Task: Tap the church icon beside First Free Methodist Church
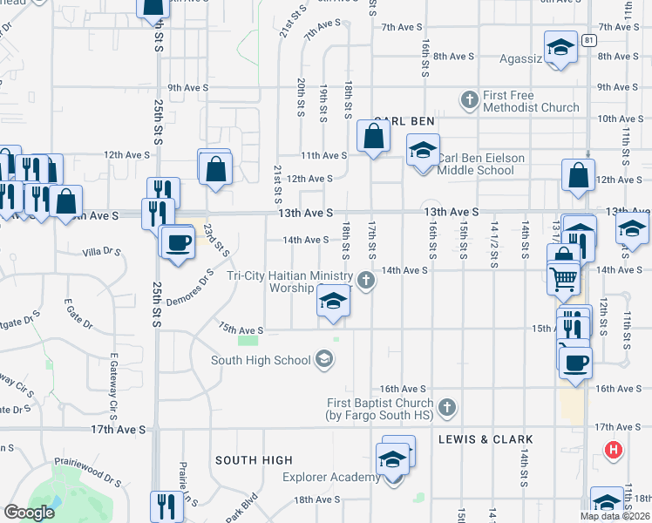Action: point(470,98)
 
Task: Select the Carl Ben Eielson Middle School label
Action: point(475,164)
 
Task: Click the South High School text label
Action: point(261,360)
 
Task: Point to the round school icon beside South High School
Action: point(324,359)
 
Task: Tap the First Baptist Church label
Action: point(380,409)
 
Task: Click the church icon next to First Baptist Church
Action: point(446,407)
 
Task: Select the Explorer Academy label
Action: point(330,477)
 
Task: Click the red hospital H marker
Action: point(614,451)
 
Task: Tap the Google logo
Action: point(29,513)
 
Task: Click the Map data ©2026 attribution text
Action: point(615,516)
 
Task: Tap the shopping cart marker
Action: point(564,278)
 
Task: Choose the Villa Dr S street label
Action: point(100,252)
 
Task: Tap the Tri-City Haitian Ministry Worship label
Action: point(289,281)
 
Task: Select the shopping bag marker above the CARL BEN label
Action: point(374,137)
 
